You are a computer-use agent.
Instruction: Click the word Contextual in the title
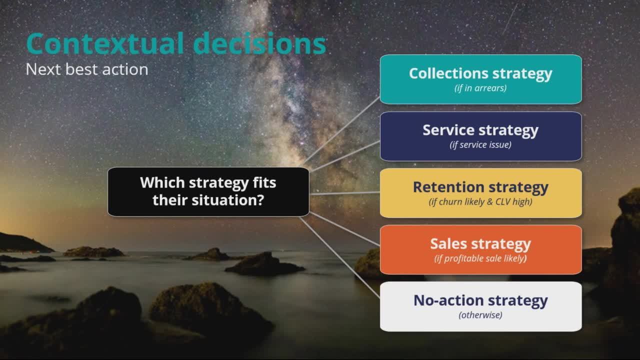point(105,43)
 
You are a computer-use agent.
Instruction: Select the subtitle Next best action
point(87,69)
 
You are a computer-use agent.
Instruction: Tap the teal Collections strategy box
point(481,79)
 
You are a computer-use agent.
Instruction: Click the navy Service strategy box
point(481,136)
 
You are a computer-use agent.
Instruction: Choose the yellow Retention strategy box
point(481,193)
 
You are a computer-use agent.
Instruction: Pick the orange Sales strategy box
point(481,249)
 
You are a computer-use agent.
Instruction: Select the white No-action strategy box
point(481,306)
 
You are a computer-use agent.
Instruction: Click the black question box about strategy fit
point(208,191)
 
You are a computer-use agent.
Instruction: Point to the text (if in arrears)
point(480,88)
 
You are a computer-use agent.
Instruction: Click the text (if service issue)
point(480,145)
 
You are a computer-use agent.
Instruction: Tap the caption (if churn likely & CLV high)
point(480,201)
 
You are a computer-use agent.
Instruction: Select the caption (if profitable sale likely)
point(480,258)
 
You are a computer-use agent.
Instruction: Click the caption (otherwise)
point(480,315)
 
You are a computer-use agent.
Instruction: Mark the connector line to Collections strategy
point(341,131)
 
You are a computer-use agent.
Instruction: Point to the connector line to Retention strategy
point(344,193)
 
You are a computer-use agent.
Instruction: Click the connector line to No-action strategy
point(340,257)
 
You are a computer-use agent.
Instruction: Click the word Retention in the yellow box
point(448,187)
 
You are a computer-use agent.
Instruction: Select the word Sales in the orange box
point(448,243)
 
